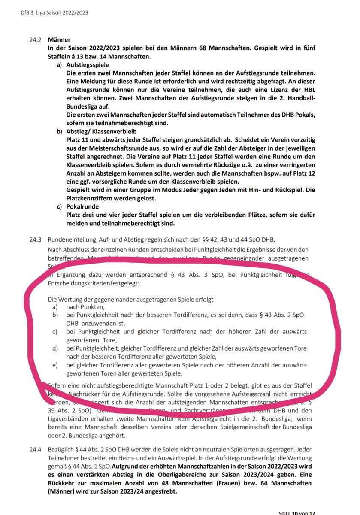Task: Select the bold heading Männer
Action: [59, 40]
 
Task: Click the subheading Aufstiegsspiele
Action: [88, 64]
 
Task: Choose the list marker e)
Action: [55, 365]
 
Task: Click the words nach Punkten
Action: [85, 307]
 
